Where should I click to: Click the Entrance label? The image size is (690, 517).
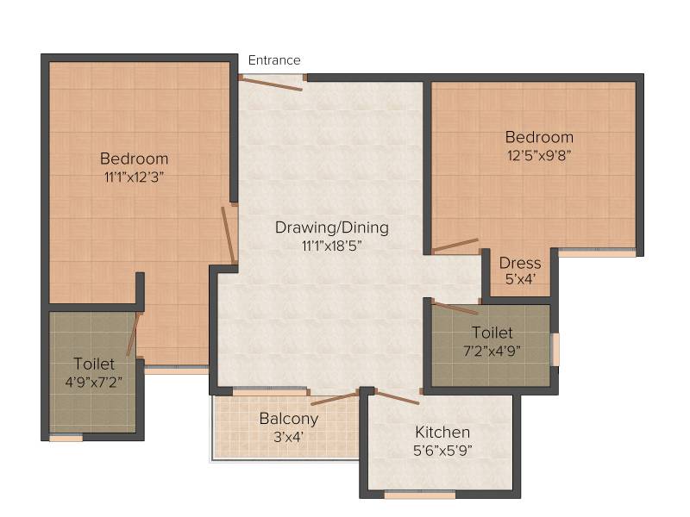[x=274, y=59]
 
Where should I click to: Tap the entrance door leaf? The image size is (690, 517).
[x=272, y=84]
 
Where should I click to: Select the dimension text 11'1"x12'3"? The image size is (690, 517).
[x=134, y=178]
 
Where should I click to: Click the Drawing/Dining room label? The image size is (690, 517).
[x=332, y=227]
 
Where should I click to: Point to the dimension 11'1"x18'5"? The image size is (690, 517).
[x=332, y=246]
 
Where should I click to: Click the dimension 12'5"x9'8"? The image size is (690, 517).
[x=539, y=155]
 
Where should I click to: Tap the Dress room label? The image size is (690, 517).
[x=520, y=263]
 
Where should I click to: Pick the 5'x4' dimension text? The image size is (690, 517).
[x=520, y=279]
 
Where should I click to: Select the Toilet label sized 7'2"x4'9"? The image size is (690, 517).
[x=492, y=333]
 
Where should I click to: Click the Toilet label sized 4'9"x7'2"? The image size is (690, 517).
[x=94, y=364]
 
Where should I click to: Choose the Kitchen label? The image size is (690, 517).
[x=442, y=433]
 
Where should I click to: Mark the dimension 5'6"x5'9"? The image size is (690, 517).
[x=442, y=451]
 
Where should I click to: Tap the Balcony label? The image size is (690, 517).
[x=289, y=419]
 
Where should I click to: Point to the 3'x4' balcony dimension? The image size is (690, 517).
[x=288, y=437]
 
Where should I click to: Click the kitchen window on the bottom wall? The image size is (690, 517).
[x=420, y=495]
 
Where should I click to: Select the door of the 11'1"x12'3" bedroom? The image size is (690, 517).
[x=228, y=235]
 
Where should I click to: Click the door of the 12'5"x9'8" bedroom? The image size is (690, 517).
[x=455, y=246]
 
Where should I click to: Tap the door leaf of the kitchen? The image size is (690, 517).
[x=397, y=397]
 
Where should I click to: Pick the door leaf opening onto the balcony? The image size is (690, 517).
[x=335, y=399]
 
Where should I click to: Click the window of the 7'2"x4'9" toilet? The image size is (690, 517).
[x=555, y=350]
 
